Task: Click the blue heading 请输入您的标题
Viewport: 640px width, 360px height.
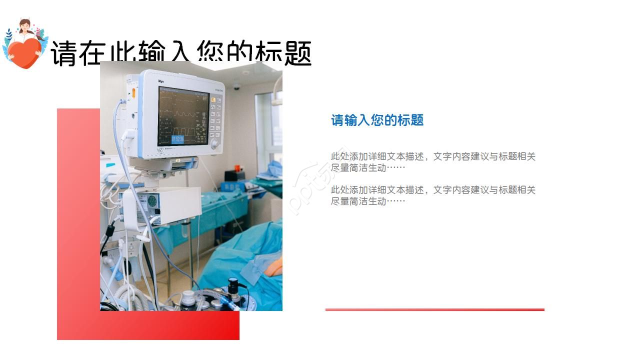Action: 377,120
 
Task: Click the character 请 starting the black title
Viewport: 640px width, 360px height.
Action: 64,53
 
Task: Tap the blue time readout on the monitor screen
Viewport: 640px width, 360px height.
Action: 177,139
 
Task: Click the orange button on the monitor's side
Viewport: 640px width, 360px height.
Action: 134,92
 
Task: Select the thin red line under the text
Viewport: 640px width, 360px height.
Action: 434,309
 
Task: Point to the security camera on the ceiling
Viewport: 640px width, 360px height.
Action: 237,86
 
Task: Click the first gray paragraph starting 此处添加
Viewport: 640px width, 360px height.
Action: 433,162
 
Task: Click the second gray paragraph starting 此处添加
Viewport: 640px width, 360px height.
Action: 433,195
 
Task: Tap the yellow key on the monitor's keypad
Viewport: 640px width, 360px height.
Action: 213,100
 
